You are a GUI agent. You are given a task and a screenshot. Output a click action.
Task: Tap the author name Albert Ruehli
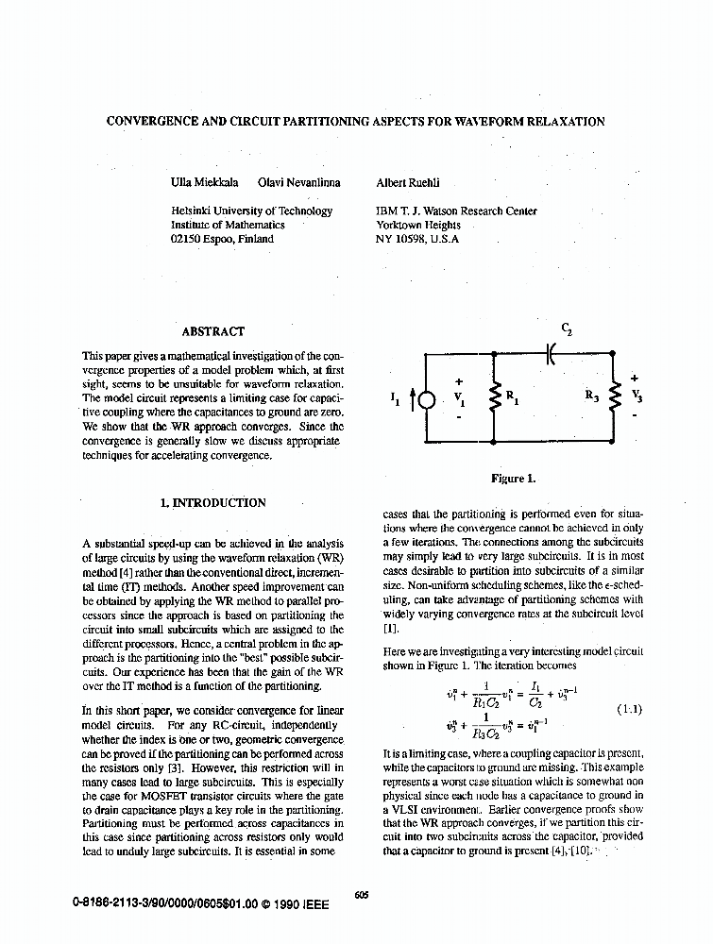pyautogui.click(x=408, y=183)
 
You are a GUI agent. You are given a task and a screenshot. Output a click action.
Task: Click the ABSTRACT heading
pyautogui.click(x=212, y=331)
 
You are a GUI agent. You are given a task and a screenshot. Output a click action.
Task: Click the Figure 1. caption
pyautogui.click(x=514, y=479)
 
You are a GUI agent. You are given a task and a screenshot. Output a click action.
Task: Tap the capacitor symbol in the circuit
pyautogui.click(x=551, y=352)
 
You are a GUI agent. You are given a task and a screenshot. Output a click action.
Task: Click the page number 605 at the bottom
pyautogui.click(x=362, y=896)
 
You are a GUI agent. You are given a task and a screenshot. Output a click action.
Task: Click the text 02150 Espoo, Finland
pyautogui.click(x=222, y=240)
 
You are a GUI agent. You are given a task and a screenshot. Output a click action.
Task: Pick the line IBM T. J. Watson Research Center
pyautogui.click(x=456, y=211)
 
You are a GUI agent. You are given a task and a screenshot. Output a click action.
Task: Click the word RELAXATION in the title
pyautogui.click(x=562, y=122)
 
